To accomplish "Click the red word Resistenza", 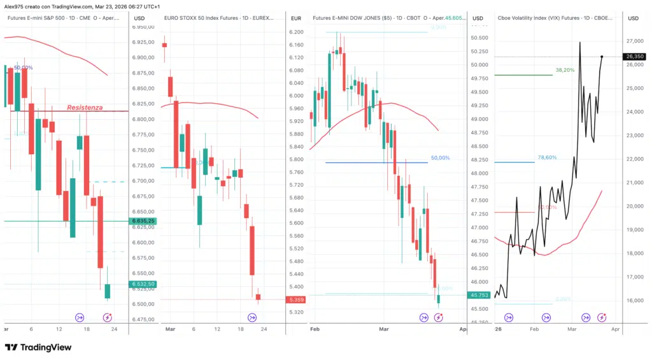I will click(x=85, y=108).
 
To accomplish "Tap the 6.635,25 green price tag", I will click(x=143, y=221).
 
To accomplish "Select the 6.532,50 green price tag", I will click(x=143, y=284).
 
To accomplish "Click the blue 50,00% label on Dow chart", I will click(x=440, y=157).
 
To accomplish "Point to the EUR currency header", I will click(x=296, y=18).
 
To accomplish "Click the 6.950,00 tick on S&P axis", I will click(x=143, y=27).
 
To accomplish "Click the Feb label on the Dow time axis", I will click(x=314, y=329).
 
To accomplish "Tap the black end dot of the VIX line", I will click(x=602, y=57).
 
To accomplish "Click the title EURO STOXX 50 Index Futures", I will click(x=203, y=18).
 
